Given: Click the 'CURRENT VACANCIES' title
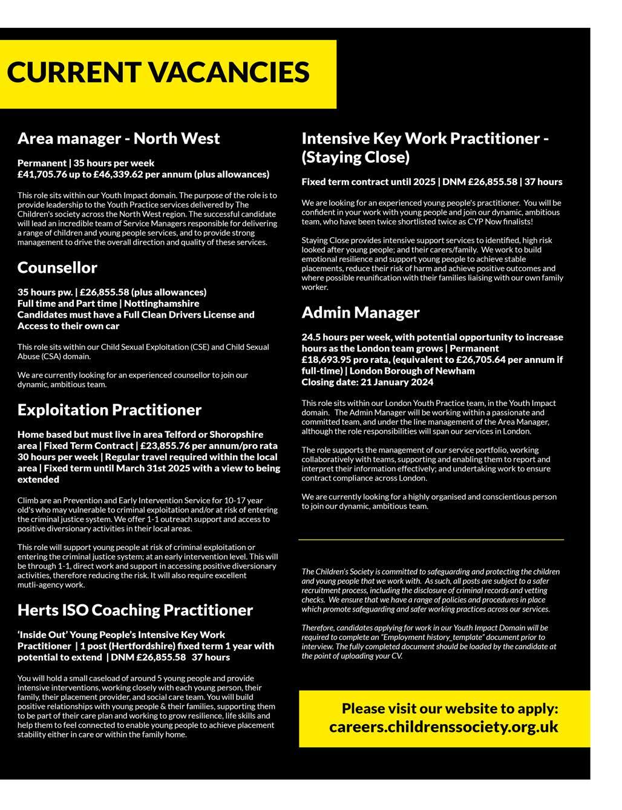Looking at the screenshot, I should (x=158, y=73).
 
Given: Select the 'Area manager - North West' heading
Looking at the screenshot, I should (x=119, y=139).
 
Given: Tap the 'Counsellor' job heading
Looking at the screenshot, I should (x=57, y=267).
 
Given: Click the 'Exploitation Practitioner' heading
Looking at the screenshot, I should (x=109, y=410).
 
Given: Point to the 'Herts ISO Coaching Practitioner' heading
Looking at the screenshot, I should (x=135, y=610).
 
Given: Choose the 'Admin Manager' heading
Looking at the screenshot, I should (x=360, y=312).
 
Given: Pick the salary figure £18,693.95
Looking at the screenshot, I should (x=330, y=359).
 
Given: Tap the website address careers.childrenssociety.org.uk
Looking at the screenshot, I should (x=444, y=727).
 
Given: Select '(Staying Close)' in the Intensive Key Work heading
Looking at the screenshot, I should (x=355, y=157).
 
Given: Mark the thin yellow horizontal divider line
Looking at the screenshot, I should (x=431, y=539).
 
